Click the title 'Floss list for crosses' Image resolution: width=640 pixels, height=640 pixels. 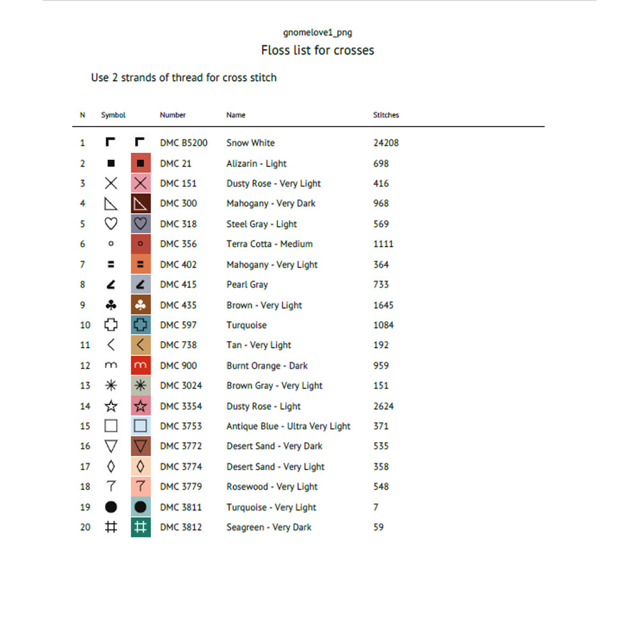317,51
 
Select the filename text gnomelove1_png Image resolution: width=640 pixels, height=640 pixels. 317,33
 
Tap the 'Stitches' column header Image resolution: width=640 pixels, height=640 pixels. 386,115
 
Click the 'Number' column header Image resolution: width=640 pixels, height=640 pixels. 173,115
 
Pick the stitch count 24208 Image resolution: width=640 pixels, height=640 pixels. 386,143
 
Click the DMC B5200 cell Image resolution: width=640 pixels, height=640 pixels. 184,143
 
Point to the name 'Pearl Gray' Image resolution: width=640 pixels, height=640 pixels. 247,285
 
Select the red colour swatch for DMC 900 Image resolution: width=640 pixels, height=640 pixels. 141,365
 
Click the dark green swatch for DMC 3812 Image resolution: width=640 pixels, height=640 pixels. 141,527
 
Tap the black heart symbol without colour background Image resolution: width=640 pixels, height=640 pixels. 111,224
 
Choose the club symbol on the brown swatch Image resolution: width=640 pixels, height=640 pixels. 141,305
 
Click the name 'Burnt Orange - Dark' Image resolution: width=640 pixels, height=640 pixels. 267,366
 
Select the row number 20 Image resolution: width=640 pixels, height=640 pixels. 85,527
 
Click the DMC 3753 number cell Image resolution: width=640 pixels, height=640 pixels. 180,426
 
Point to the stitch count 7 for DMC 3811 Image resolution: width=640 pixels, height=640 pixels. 376,508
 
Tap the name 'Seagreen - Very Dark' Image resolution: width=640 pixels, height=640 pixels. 269,527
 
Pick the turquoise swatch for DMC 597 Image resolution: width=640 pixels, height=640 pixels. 141,325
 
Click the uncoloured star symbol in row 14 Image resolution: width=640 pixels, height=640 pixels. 111,406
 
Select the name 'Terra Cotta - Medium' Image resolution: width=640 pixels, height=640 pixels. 269,244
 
